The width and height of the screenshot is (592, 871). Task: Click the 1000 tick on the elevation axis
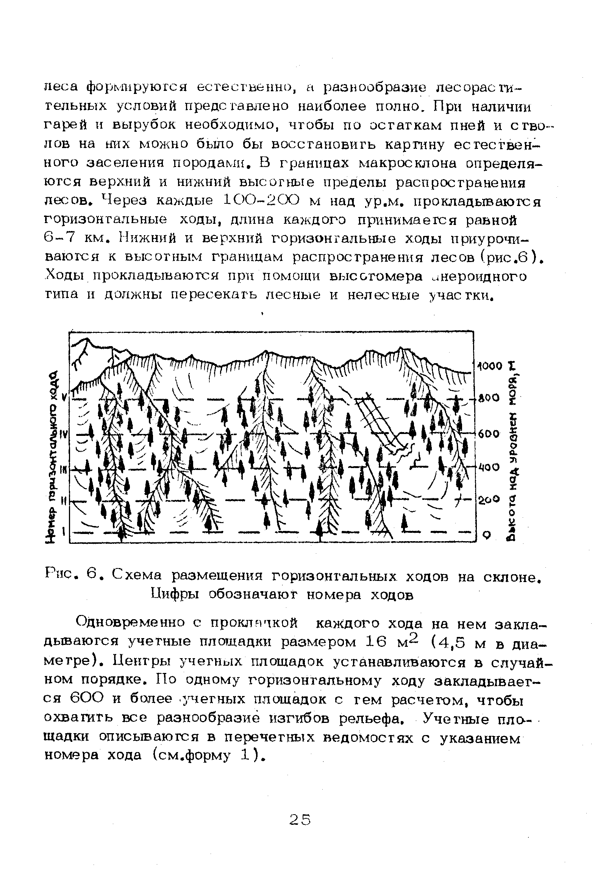tap(489, 366)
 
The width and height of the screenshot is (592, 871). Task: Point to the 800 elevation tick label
tap(489, 398)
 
